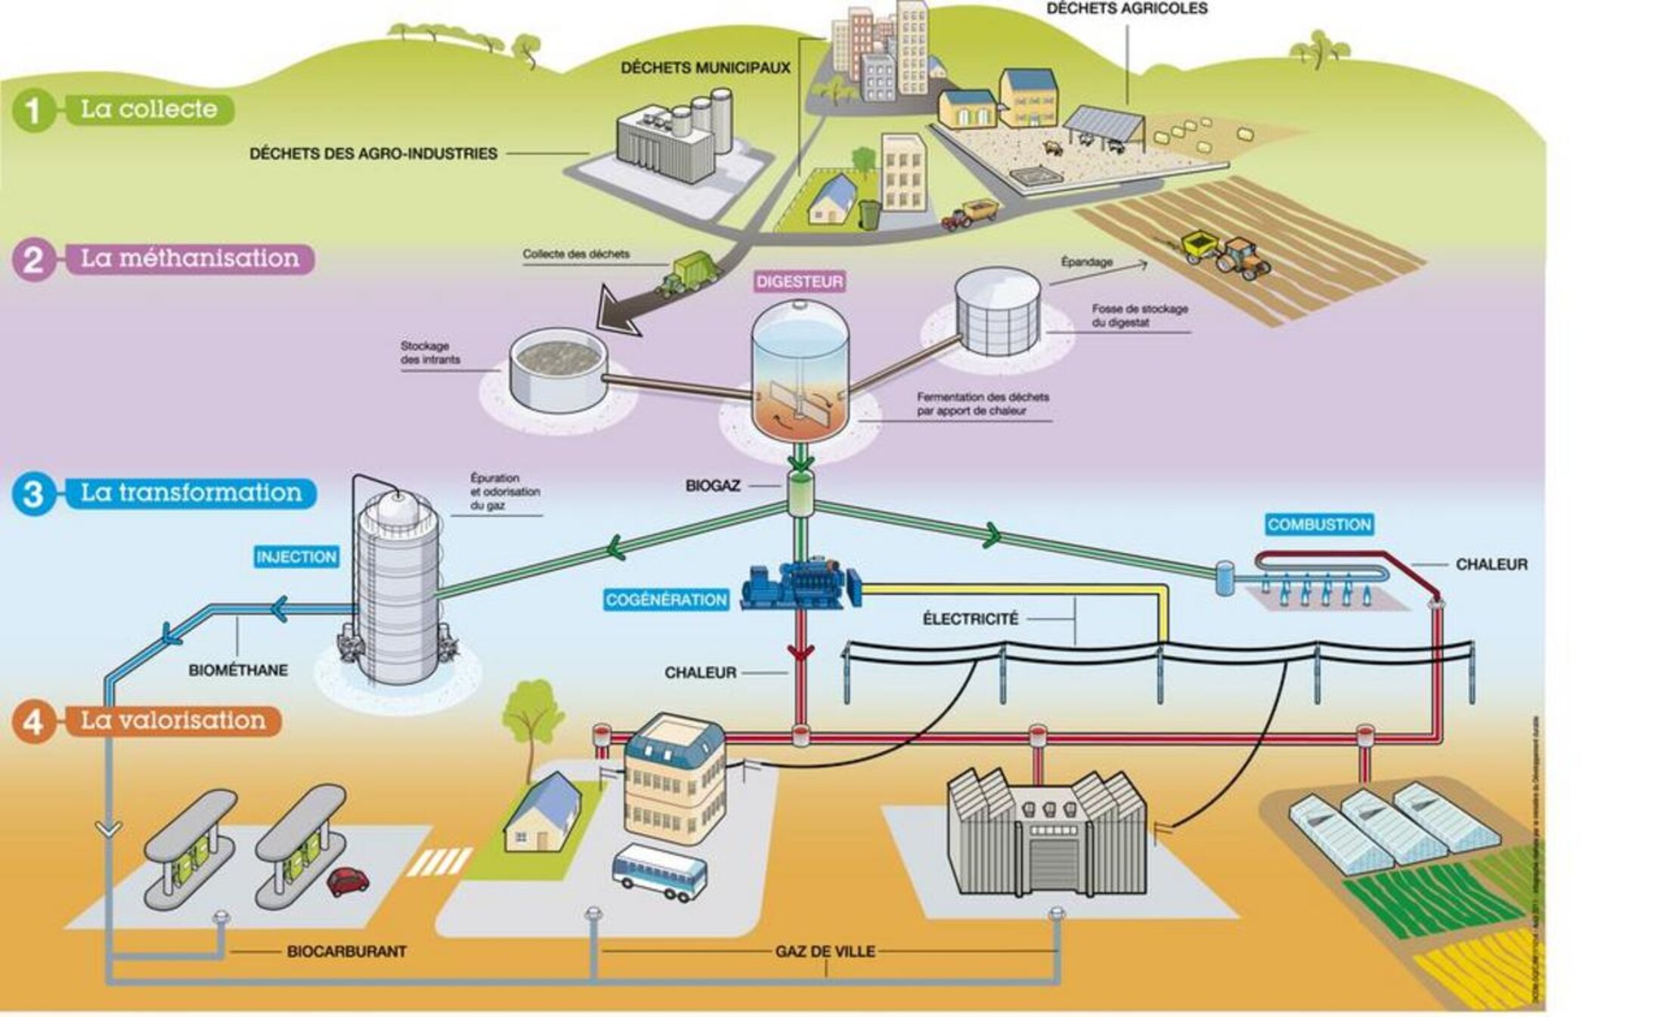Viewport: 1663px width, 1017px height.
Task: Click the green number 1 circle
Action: tap(33, 110)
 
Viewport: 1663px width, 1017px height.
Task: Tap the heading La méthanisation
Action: tap(190, 258)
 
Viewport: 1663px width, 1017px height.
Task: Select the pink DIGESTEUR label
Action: tap(800, 282)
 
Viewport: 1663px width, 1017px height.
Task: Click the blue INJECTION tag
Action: tap(296, 557)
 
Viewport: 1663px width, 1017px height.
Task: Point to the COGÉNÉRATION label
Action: tap(666, 600)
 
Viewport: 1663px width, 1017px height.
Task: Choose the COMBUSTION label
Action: tap(1319, 524)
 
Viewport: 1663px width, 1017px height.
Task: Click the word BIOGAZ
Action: tap(712, 486)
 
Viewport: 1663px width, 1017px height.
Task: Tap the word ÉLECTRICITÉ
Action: tap(971, 619)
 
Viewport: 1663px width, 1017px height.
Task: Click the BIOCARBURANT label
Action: tap(347, 951)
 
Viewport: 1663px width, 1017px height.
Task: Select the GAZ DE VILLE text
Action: tap(825, 951)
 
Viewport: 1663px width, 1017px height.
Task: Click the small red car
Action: tap(348, 880)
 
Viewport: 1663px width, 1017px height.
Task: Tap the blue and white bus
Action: tap(659, 873)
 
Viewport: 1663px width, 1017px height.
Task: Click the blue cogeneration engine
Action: tap(800, 584)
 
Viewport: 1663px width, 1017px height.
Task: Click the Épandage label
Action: tap(1086, 262)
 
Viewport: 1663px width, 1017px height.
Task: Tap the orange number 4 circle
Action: tap(33, 722)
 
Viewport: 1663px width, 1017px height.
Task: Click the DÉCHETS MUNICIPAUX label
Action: tap(705, 68)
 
